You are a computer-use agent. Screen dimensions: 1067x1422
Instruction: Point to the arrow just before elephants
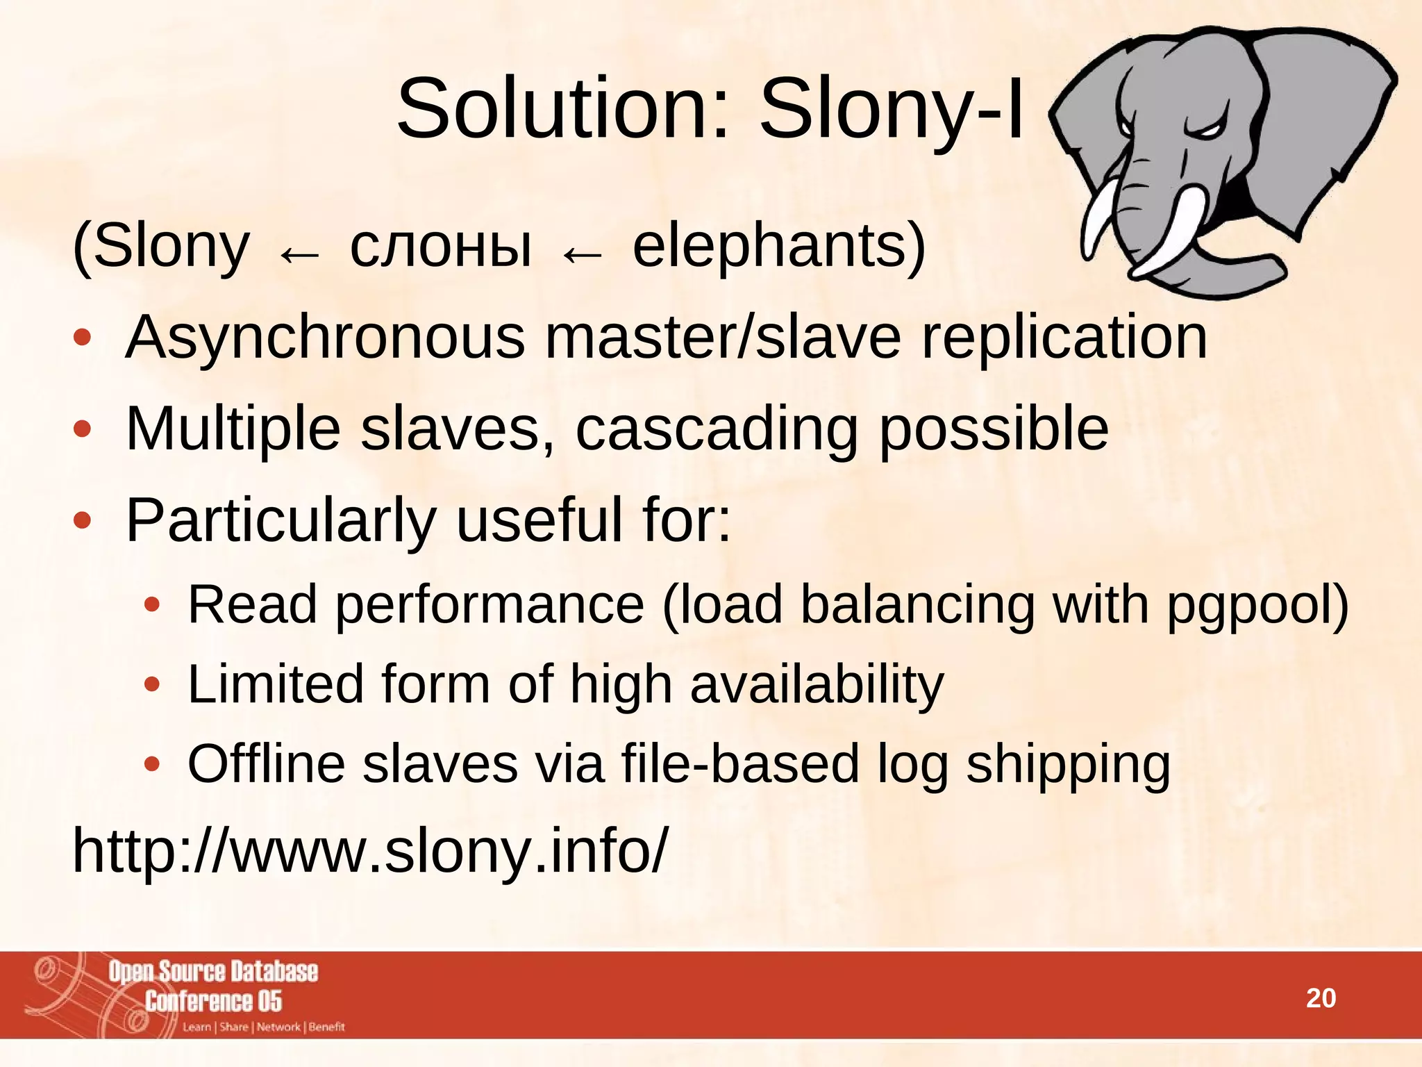(x=582, y=255)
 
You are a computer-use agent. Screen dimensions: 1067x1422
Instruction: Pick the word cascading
(x=717, y=429)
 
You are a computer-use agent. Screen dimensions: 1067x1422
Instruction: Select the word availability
(x=817, y=684)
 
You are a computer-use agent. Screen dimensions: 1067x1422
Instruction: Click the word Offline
(x=266, y=764)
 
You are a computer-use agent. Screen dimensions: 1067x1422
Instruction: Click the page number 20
(x=1321, y=998)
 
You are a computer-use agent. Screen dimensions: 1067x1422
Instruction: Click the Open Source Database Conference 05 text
(x=213, y=986)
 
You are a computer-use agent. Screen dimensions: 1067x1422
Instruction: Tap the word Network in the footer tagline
(x=278, y=1027)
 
